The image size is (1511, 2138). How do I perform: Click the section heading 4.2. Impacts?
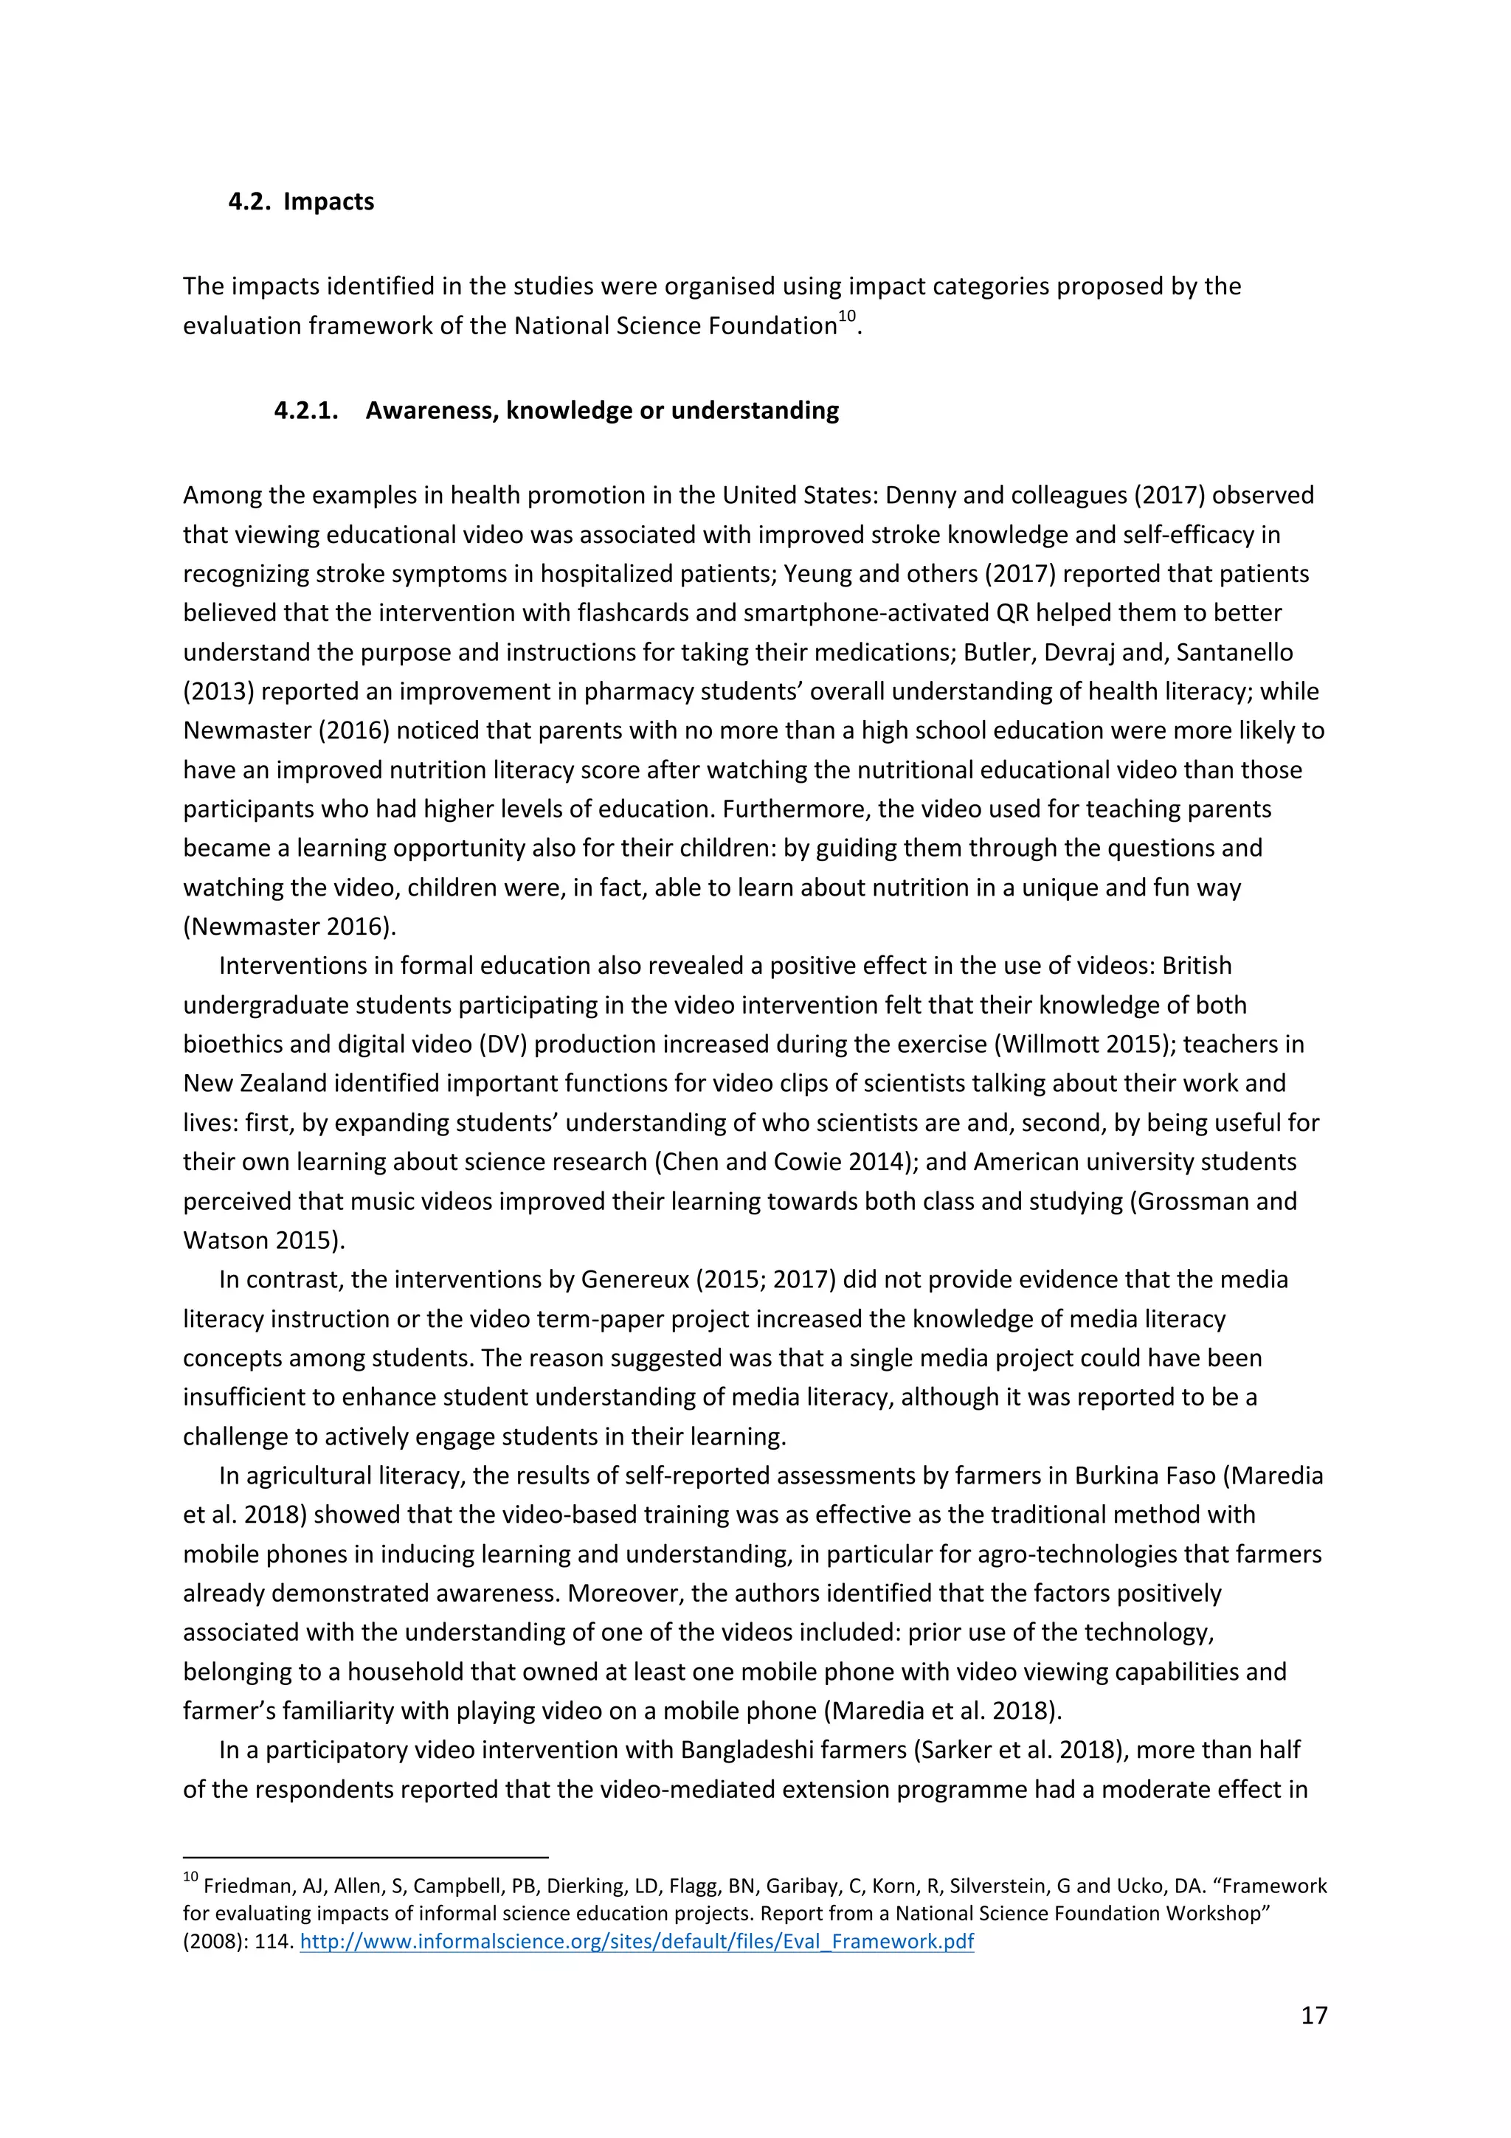coord(301,201)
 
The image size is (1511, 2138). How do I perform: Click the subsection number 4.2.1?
coord(305,411)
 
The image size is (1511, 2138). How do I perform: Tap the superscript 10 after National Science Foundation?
coord(846,316)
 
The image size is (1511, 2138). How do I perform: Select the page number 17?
coord(1313,2015)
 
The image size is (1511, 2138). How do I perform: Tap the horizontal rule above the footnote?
coord(365,1856)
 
